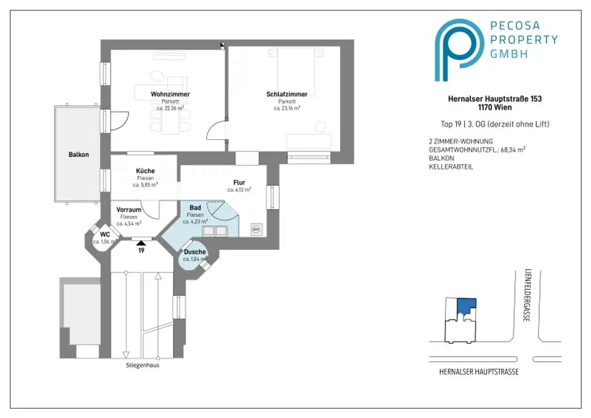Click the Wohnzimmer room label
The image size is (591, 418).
170,94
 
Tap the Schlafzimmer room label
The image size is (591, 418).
287,94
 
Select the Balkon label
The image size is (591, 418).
78,155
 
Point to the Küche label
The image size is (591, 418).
145,171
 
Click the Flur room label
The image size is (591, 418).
239,182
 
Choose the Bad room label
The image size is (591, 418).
195,207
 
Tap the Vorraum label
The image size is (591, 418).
129,210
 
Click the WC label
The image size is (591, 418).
105,234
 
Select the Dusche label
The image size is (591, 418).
194,252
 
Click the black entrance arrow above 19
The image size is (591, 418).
141,243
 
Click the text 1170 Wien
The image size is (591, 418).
495,107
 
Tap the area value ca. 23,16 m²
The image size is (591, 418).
287,108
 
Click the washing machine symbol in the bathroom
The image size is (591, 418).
256,229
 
